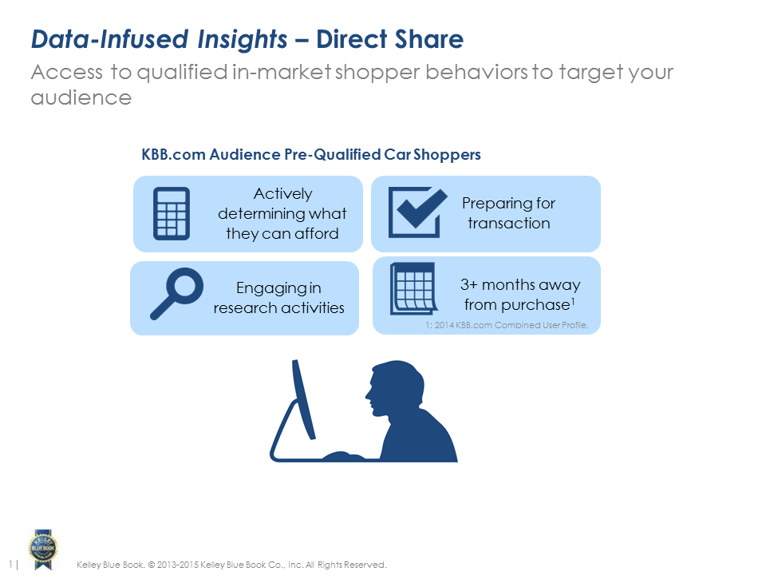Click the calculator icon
pyautogui.click(x=172, y=214)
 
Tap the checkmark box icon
pyautogui.click(x=417, y=212)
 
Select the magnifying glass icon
pyautogui.click(x=176, y=293)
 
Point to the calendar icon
pyautogui.click(x=414, y=288)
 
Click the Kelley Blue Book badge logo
pyautogui.click(x=43, y=549)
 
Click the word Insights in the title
pyautogui.click(x=243, y=40)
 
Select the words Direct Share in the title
pyautogui.click(x=390, y=39)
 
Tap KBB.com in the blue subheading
pyautogui.click(x=173, y=154)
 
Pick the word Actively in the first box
pyautogui.click(x=282, y=193)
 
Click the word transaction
pyautogui.click(x=509, y=223)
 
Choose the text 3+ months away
pyautogui.click(x=520, y=284)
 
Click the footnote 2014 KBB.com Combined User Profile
pyautogui.click(x=511, y=325)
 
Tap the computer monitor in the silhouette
pyautogui.click(x=303, y=399)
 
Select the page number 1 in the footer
pyautogui.click(x=10, y=565)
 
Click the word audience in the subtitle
pyautogui.click(x=81, y=97)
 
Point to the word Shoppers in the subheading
pyautogui.click(x=447, y=155)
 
